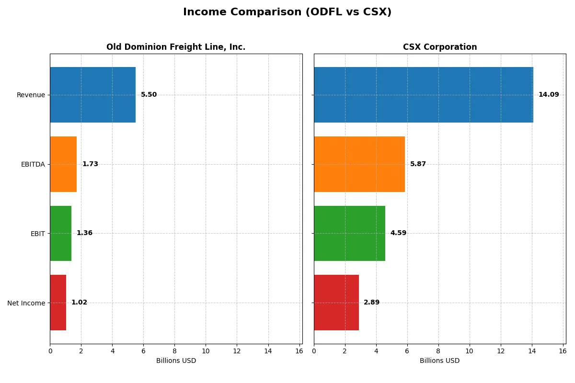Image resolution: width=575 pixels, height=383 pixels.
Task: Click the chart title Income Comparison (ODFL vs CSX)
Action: [287, 12]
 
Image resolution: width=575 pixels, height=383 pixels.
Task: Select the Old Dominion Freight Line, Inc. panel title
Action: [176, 47]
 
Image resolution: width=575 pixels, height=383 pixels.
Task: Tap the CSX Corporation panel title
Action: [439, 47]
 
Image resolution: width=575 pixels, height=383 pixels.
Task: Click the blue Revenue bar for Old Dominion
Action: [92, 95]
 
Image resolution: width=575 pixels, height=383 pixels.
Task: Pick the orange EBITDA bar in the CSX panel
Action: [359, 164]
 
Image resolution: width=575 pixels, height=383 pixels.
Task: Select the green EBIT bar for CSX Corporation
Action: [349, 233]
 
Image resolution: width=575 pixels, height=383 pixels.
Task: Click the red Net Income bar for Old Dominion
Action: [58, 303]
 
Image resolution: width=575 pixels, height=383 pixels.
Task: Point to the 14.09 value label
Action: [549, 95]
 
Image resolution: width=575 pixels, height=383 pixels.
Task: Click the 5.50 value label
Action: [149, 95]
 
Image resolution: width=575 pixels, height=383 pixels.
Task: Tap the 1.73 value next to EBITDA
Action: [90, 164]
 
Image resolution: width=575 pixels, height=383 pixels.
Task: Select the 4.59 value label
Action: [398, 233]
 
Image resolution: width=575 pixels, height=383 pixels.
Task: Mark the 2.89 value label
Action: [371, 303]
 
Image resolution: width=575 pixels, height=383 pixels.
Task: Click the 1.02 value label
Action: [79, 303]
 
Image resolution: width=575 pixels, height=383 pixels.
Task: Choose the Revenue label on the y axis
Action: [31, 95]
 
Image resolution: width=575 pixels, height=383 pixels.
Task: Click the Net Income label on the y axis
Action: [26, 303]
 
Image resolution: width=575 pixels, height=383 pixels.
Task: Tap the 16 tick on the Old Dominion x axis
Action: [299, 351]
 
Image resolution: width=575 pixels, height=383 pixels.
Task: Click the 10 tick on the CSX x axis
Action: [469, 351]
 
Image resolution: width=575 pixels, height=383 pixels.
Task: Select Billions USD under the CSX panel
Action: [439, 361]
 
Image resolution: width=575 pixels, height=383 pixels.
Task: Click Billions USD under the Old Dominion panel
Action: [176, 361]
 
